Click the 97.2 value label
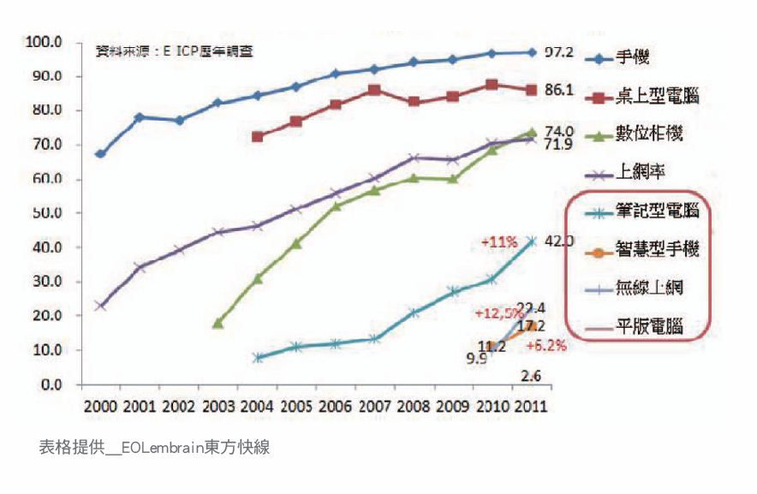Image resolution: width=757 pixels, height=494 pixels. point(560,53)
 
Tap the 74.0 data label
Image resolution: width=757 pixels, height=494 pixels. point(559,130)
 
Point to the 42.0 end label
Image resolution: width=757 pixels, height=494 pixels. point(560,241)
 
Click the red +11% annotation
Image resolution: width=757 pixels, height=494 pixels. point(497,242)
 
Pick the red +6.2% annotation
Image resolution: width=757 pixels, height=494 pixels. point(545,346)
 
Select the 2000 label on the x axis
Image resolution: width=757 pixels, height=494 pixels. point(99,404)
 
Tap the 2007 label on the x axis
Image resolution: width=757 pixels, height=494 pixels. point(373,404)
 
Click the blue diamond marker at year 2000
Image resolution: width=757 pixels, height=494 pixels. point(100,154)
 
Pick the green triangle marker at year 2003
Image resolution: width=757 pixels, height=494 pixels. point(218,323)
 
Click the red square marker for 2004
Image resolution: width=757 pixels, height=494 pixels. point(257,136)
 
